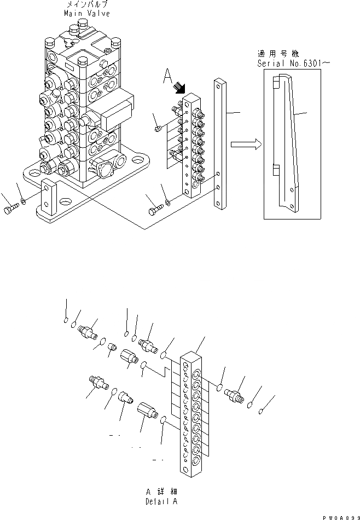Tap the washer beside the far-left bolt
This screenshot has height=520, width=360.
point(22,205)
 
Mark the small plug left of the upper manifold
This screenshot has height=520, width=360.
point(158,128)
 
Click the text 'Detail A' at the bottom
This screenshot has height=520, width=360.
point(161,501)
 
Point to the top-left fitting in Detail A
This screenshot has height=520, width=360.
point(88,332)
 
